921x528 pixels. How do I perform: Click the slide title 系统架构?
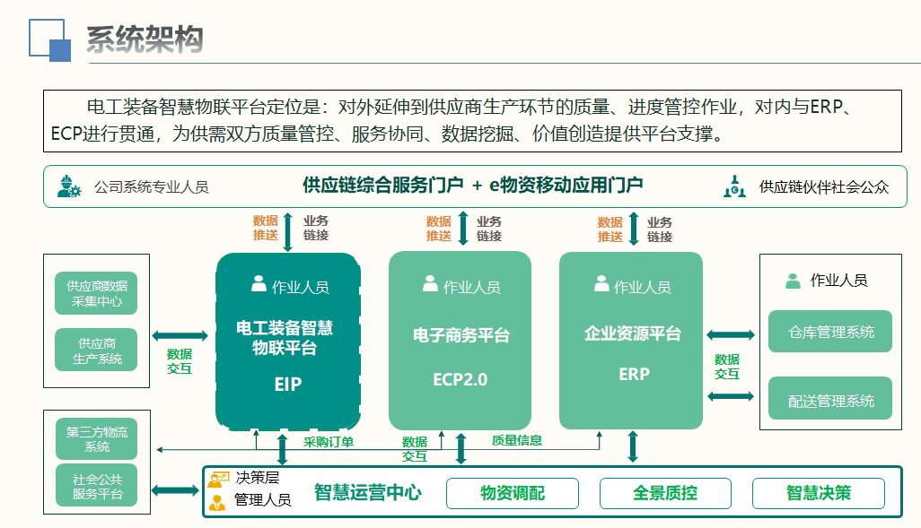[x=145, y=39]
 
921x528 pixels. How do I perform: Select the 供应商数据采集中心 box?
[x=96, y=293]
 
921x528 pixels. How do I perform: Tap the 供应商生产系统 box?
[x=96, y=351]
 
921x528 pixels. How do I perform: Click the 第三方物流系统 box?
[x=96, y=439]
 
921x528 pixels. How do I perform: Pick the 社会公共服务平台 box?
[x=96, y=486]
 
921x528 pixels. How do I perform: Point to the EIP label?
[x=288, y=385]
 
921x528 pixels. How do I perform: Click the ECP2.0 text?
[x=460, y=379]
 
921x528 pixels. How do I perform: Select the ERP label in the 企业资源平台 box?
[x=634, y=374]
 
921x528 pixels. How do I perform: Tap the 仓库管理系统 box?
[x=830, y=332]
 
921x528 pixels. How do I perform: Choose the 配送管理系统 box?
[x=830, y=399]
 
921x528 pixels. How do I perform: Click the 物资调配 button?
[x=513, y=493]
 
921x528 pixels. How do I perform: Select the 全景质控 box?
[x=665, y=493]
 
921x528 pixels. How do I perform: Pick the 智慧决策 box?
[x=818, y=493]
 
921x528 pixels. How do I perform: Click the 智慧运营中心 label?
[x=368, y=492]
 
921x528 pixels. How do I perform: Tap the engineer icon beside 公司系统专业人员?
[x=69, y=186]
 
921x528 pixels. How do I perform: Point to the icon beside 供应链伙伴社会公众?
[x=734, y=186]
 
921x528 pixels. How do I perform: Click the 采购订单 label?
[x=329, y=442]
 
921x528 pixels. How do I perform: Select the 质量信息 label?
[x=517, y=440]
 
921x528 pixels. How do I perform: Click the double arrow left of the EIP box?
[x=180, y=335]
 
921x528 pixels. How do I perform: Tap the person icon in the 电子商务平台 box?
[x=431, y=283]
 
